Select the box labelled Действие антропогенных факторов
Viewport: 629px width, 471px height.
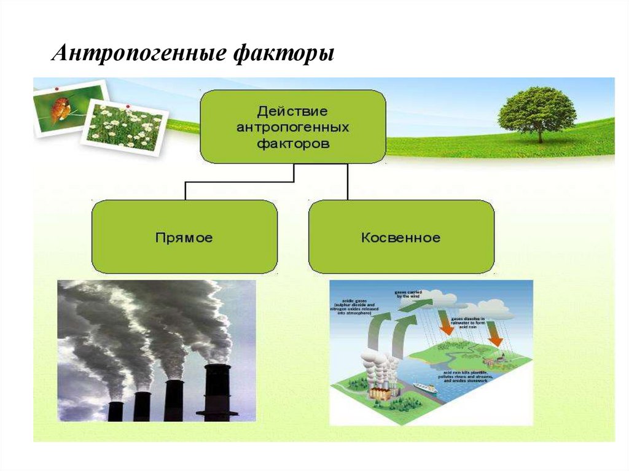(293, 127)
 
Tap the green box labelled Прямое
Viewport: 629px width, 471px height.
(184, 236)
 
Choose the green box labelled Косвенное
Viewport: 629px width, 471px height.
(401, 236)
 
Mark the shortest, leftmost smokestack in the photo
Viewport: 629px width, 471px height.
(115, 410)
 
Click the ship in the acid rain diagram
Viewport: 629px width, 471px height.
(425, 387)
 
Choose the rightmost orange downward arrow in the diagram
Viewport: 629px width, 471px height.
(494, 339)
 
